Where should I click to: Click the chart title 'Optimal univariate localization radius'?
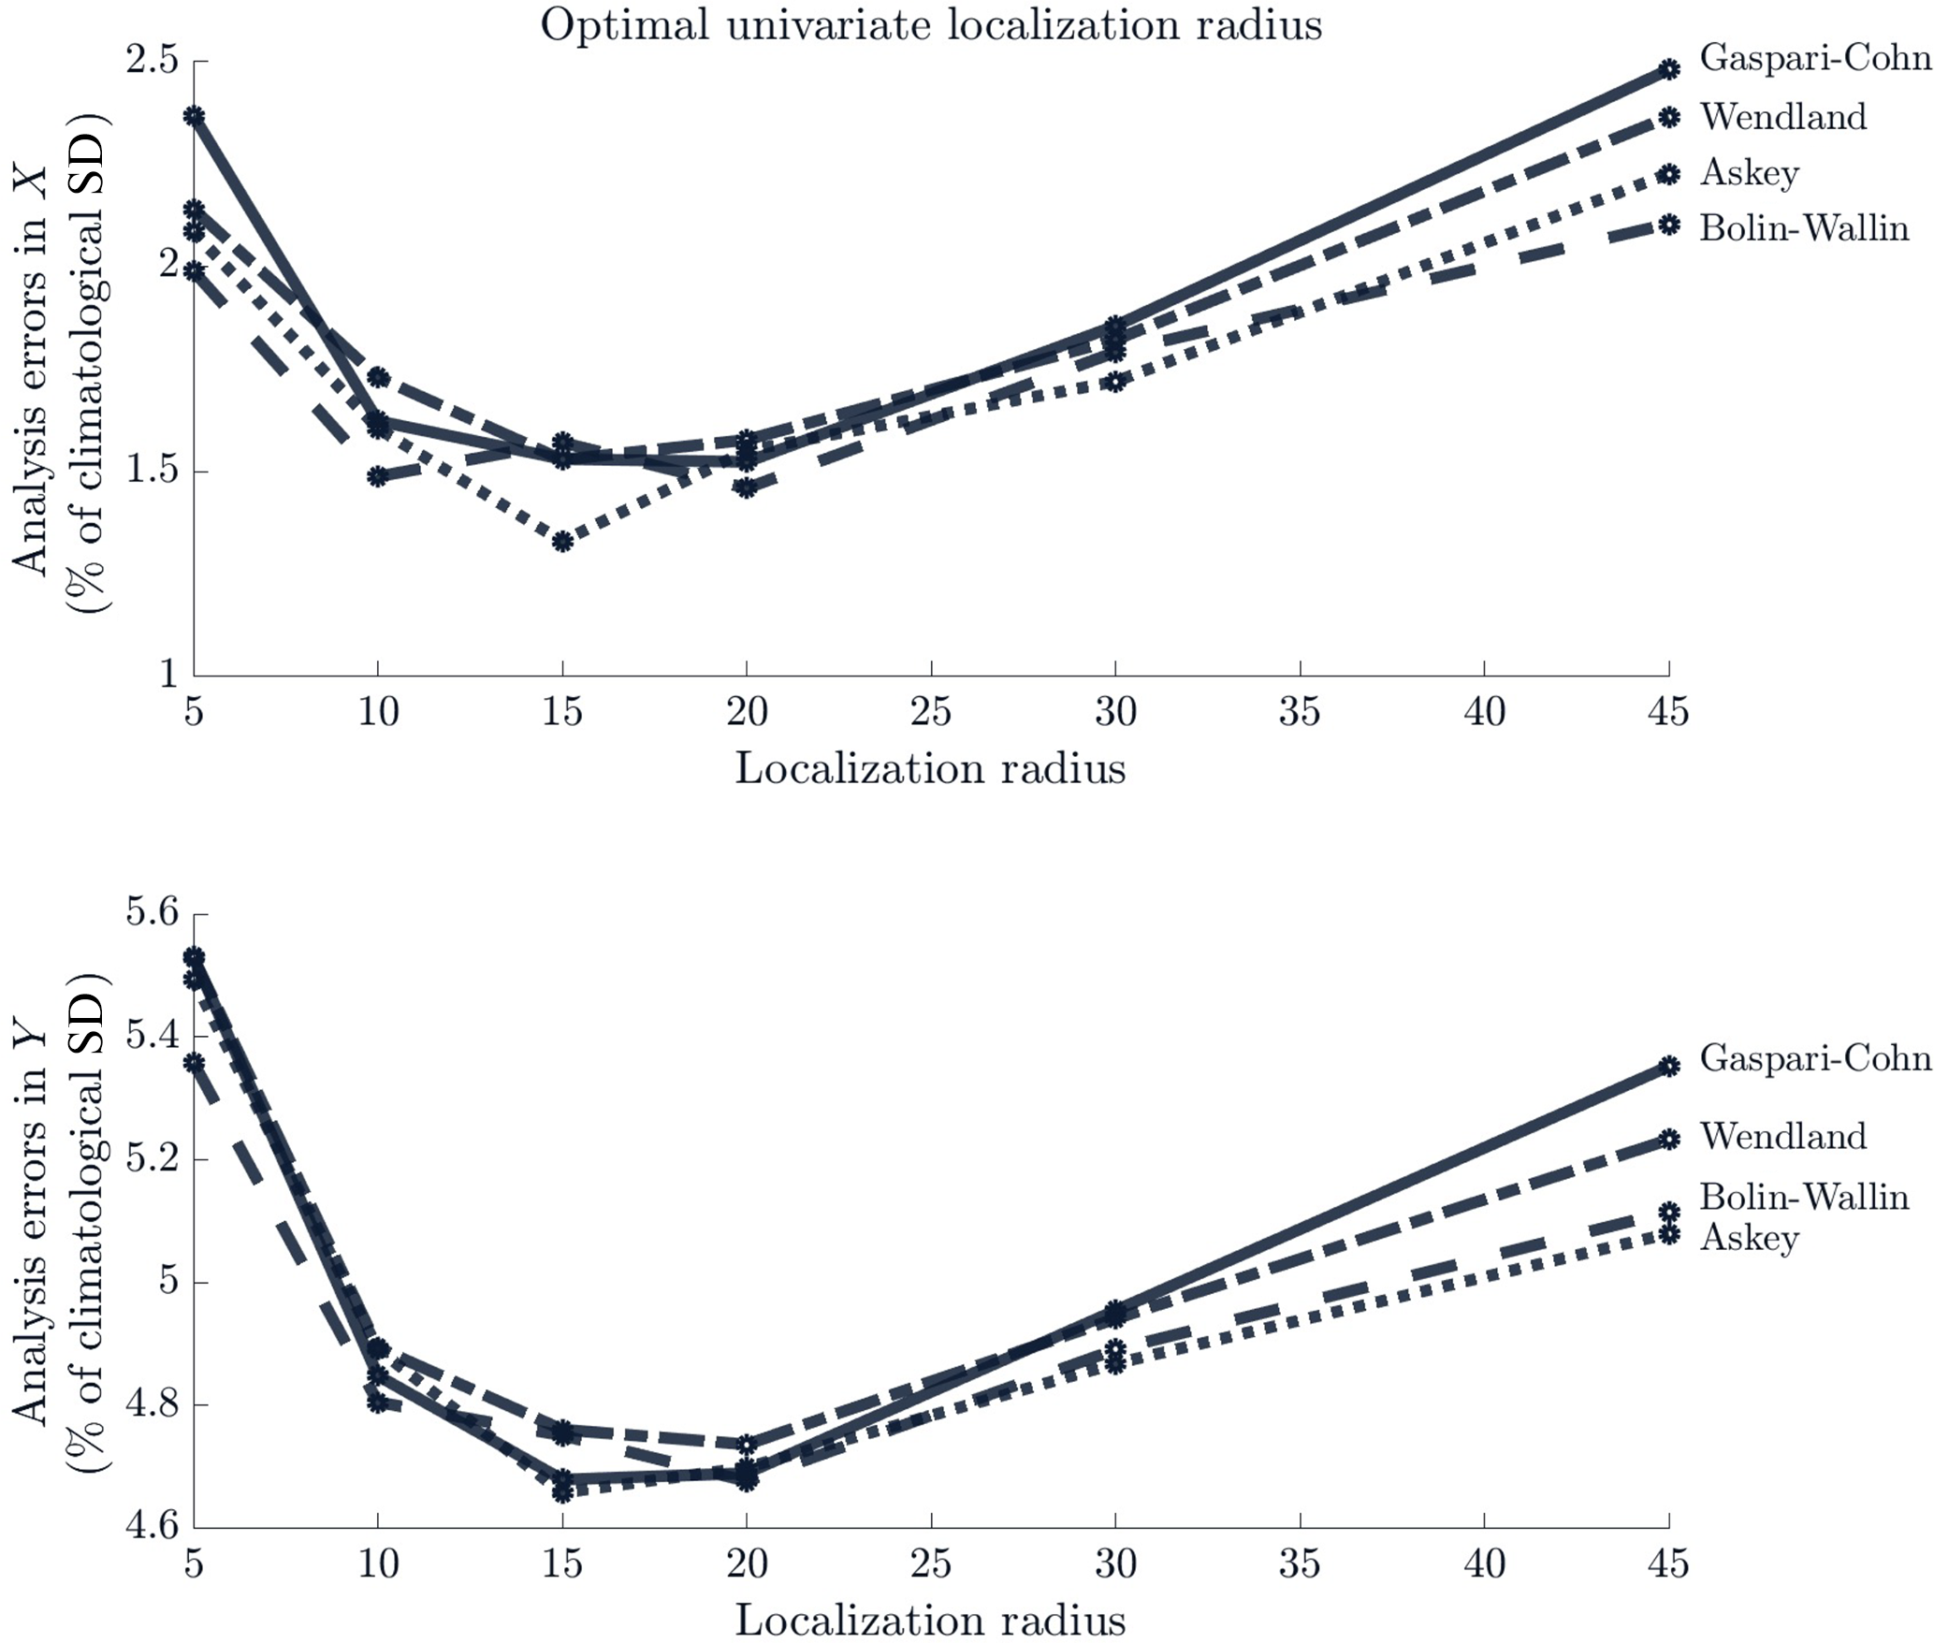click(x=931, y=25)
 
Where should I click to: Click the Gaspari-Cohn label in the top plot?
click(x=1815, y=58)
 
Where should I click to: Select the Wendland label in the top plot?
click(x=1783, y=117)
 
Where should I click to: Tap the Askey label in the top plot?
click(x=1750, y=173)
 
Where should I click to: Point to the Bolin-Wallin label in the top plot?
click(x=1804, y=228)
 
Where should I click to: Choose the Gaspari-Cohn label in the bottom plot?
click(x=1815, y=1058)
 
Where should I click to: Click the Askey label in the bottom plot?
click(x=1750, y=1238)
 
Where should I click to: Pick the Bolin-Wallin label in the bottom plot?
click(x=1804, y=1197)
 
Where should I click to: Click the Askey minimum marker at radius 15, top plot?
click(x=562, y=541)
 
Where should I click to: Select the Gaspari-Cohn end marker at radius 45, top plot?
click(x=1669, y=68)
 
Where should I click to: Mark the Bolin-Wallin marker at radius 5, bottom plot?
click(x=194, y=1062)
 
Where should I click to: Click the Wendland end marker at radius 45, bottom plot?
click(x=1669, y=1139)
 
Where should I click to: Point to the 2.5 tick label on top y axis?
click(x=152, y=61)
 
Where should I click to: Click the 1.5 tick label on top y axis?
click(x=152, y=471)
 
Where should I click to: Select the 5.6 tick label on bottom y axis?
click(x=152, y=913)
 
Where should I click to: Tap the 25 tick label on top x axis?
click(x=931, y=713)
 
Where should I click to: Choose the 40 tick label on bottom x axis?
click(x=1485, y=1563)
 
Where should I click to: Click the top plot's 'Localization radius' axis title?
click(x=930, y=769)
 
